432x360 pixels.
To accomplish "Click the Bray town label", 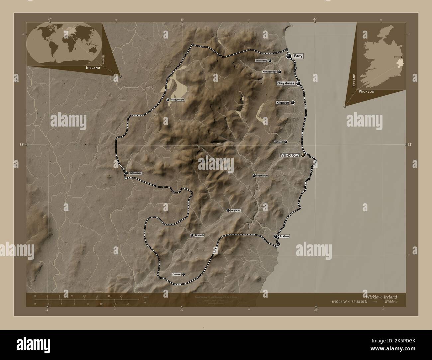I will pyautogui.click(x=298, y=56).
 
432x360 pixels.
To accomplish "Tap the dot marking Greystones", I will pyautogui.click(x=298, y=83).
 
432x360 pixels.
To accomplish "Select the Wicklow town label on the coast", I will pyautogui.click(x=290, y=155).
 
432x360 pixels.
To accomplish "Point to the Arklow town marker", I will pyautogui.click(x=275, y=236).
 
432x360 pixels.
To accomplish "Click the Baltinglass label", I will pyautogui.click(x=136, y=173).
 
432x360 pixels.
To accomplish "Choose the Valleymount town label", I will pyautogui.click(x=178, y=100).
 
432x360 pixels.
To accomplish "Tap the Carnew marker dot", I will pyautogui.click(x=183, y=274).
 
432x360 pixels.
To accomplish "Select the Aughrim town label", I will pyautogui.click(x=236, y=210).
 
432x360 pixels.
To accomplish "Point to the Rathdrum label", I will pyautogui.click(x=263, y=176).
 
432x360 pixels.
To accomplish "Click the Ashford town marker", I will pyautogui.click(x=285, y=142).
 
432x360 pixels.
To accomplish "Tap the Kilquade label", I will pyautogui.click(x=283, y=103).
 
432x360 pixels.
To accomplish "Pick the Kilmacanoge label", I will pyautogui.click(x=270, y=72).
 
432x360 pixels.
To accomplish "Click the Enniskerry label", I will pyautogui.click(x=262, y=61).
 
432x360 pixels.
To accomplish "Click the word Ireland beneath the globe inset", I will pyautogui.click(x=93, y=67).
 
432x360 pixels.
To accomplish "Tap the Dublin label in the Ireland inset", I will pyautogui.click(x=397, y=57).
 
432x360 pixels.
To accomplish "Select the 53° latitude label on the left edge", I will pyautogui.click(x=22, y=145).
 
